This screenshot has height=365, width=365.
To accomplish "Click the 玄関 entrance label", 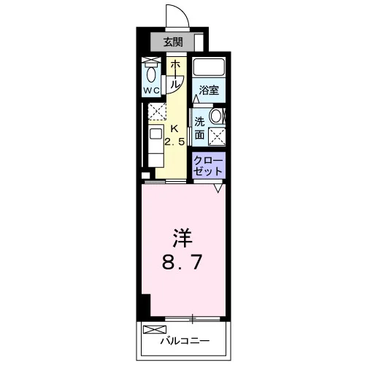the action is click(173, 42).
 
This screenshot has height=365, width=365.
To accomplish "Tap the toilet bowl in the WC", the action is click(151, 74).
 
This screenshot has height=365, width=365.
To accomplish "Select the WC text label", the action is click(151, 91).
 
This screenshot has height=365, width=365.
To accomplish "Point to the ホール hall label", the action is click(175, 74).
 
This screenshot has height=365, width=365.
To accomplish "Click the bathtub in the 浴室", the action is click(209, 67).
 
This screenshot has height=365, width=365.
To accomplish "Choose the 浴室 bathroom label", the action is click(209, 91).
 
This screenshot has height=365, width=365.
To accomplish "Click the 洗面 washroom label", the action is click(199, 128).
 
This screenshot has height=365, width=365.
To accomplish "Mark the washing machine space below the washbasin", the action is click(217, 137).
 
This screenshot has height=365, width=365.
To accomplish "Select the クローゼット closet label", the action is click(208, 166).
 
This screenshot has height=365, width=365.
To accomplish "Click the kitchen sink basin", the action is click(155, 134).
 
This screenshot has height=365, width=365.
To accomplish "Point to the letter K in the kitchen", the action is click(174, 128).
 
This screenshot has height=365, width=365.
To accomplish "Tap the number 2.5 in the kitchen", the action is click(174, 142).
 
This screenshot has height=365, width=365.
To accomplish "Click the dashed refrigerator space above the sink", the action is click(157, 112).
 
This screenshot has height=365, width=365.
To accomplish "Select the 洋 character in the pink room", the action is click(182, 238).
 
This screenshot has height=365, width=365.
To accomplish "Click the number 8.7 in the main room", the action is click(182, 262).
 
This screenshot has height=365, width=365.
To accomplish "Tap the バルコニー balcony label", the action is click(185, 341).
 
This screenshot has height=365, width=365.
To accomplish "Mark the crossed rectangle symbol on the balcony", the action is click(155, 330).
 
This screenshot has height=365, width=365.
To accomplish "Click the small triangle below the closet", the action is click(218, 188).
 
